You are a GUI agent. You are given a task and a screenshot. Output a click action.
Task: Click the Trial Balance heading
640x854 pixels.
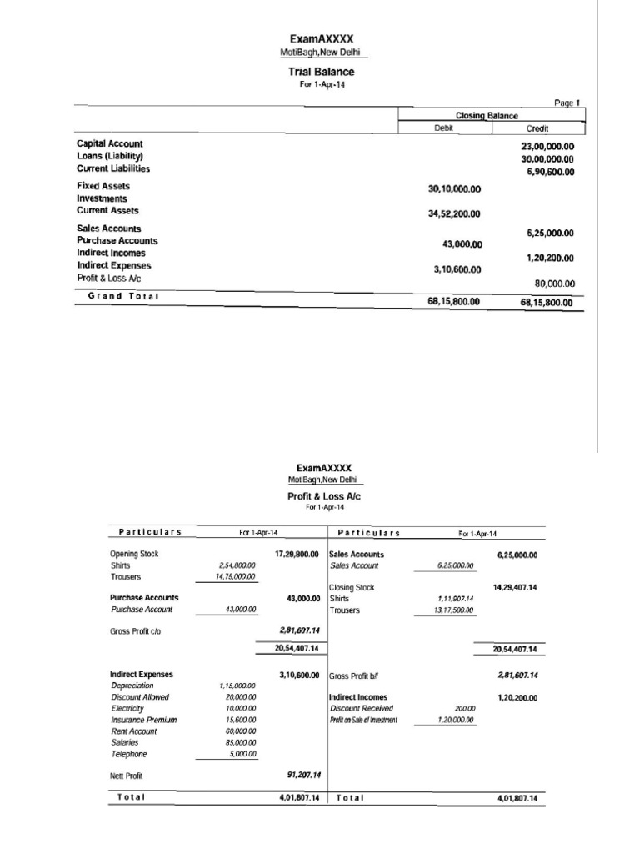(x=321, y=73)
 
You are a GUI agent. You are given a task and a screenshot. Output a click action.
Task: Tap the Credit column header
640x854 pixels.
(x=537, y=129)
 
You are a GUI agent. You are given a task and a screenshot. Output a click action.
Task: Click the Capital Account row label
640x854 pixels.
(x=110, y=143)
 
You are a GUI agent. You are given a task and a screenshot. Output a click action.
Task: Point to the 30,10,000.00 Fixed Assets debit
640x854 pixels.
(x=454, y=189)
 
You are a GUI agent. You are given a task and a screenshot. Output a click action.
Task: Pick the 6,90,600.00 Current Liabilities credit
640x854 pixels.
(x=551, y=172)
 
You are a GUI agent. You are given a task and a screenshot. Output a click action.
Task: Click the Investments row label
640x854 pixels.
(x=102, y=198)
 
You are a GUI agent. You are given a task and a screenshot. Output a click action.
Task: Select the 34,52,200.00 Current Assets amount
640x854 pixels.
(x=454, y=214)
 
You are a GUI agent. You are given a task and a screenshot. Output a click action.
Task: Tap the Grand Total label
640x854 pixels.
(x=123, y=296)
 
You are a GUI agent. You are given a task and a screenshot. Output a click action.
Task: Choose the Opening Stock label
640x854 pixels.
(x=134, y=554)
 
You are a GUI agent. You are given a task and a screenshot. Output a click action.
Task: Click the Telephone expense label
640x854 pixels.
(x=130, y=753)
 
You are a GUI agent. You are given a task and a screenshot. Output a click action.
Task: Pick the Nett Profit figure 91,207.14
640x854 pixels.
(x=302, y=775)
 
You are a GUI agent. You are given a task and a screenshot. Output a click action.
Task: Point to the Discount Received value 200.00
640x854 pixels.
(x=465, y=708)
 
